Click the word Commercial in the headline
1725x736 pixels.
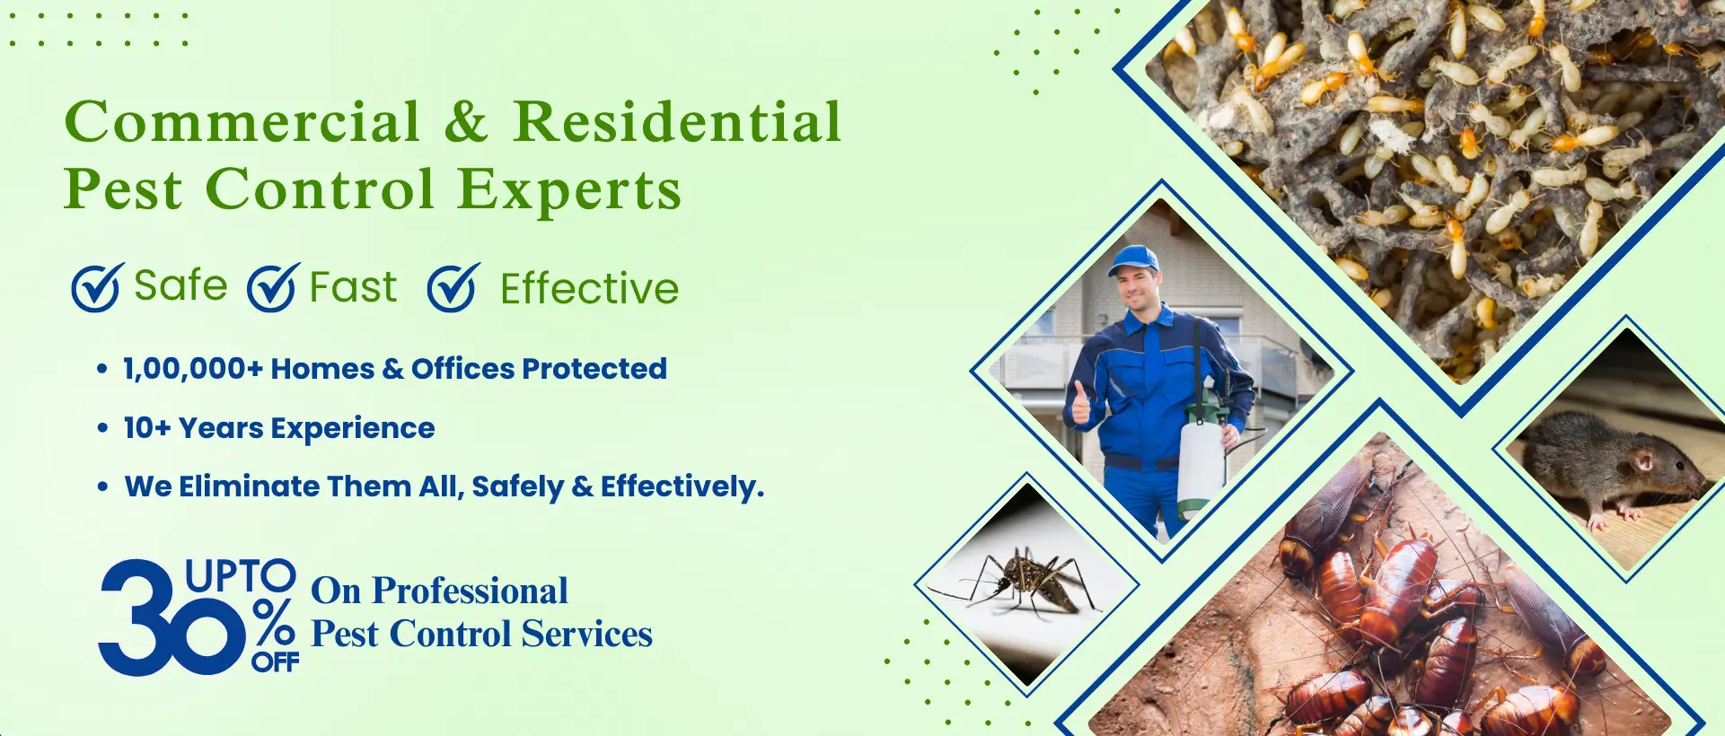click(242, 121)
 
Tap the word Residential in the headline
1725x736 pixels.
click(677, 121)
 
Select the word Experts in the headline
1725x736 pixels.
click(569, 190)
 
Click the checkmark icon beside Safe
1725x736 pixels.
click(97, 287)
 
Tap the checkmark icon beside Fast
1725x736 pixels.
click(273, 287)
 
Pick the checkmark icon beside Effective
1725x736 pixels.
click(453, 287)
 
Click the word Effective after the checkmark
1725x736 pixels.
click(589, 289)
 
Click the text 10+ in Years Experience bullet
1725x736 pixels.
click(146, 428)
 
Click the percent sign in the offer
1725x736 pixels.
click(273, 623)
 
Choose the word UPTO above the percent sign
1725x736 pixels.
click(240, 575)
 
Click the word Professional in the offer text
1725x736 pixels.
click(470, 591)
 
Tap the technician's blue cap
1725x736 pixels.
click(1132, 260)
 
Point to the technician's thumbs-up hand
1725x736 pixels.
click(1081, 404)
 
